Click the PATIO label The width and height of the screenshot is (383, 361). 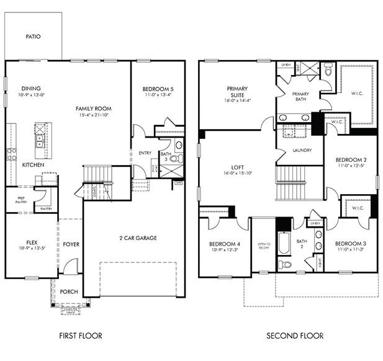[33, 37]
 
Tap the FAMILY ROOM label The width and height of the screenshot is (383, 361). [94, 109]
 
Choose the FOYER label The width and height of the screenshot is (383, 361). [71, 244]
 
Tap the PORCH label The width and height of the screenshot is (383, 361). [68, 292]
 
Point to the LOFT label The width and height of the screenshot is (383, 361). [237, 166]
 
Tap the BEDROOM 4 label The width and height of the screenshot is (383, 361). [223, 243]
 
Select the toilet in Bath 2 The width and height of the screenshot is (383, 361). [285, 264]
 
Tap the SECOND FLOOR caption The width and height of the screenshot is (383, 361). [295, 336]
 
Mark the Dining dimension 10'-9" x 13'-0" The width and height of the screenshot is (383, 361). [32, 96]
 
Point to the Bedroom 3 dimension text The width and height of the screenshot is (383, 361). [351, 249]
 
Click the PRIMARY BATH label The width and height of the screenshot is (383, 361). [300, 96]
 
